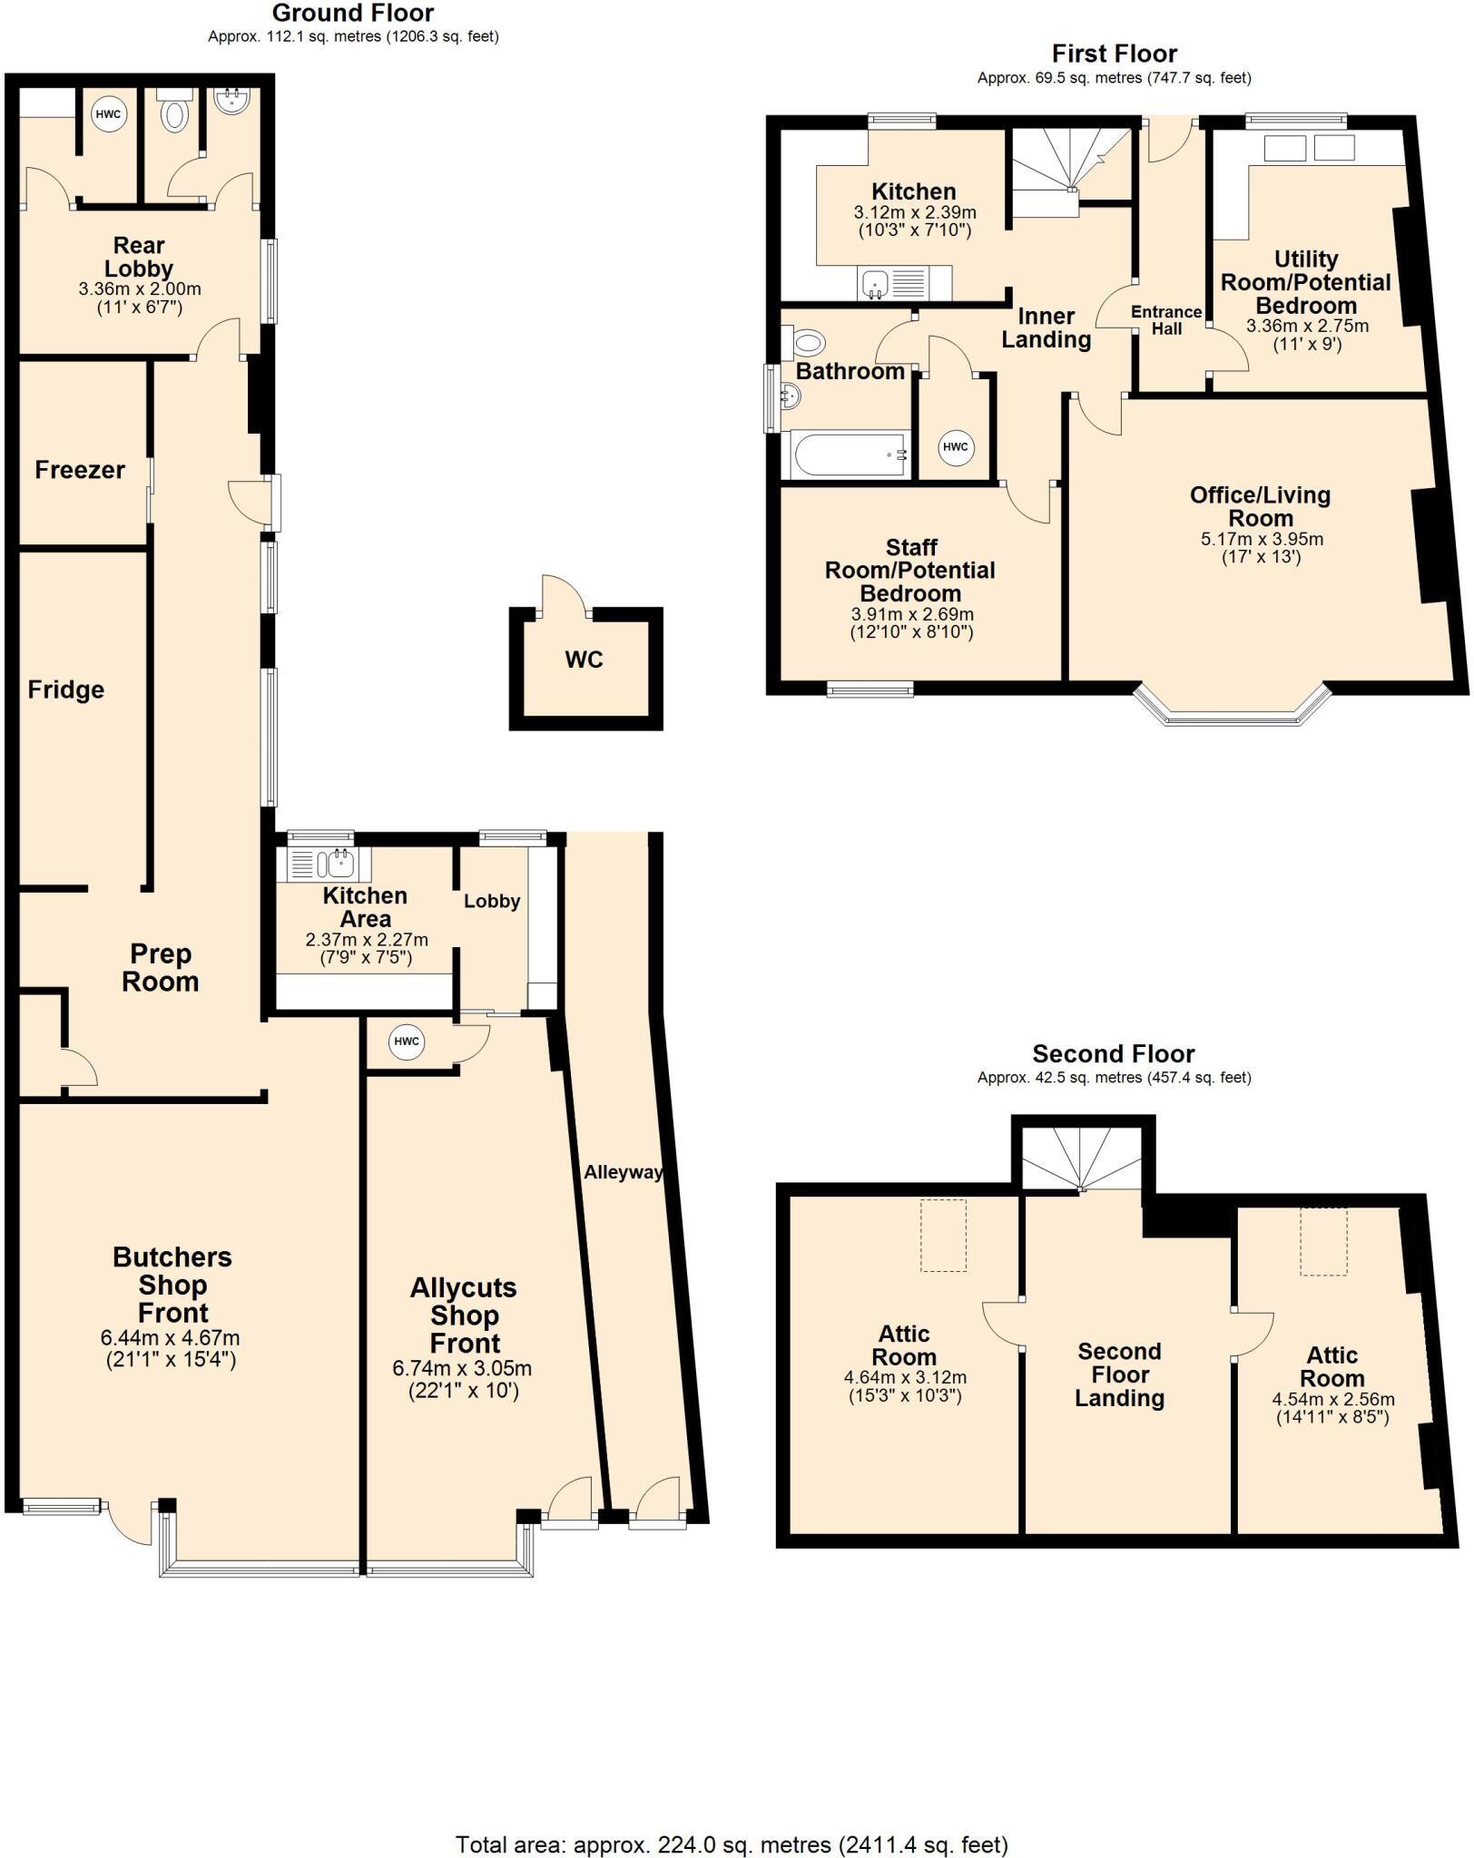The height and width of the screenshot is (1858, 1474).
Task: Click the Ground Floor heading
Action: click(352, 14)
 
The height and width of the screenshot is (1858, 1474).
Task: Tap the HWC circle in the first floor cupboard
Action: click(955, 446)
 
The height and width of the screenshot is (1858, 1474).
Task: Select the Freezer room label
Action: click(80, 470)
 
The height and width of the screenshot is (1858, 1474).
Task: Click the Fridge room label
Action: click(65, 690)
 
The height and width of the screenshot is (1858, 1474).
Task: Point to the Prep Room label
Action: click(160, 968)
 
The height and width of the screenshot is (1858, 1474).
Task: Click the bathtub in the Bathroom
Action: click(850, 454)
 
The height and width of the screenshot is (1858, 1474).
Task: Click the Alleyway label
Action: click(623, 1172)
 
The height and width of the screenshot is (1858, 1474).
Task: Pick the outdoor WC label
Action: click(584, 660)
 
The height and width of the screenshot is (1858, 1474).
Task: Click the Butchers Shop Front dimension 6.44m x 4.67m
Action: click(171, 1338)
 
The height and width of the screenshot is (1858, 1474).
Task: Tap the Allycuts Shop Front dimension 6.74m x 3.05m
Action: click(462, 1368)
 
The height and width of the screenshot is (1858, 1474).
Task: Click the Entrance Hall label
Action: click(1166, 320)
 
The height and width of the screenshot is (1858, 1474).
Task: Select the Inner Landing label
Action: click(1046, 328)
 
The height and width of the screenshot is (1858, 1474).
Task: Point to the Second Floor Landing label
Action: click(1119, 1374)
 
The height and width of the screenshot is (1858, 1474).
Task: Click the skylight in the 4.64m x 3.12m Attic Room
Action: click(944, 1235)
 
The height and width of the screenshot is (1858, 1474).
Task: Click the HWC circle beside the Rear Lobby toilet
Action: click(108, 114)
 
